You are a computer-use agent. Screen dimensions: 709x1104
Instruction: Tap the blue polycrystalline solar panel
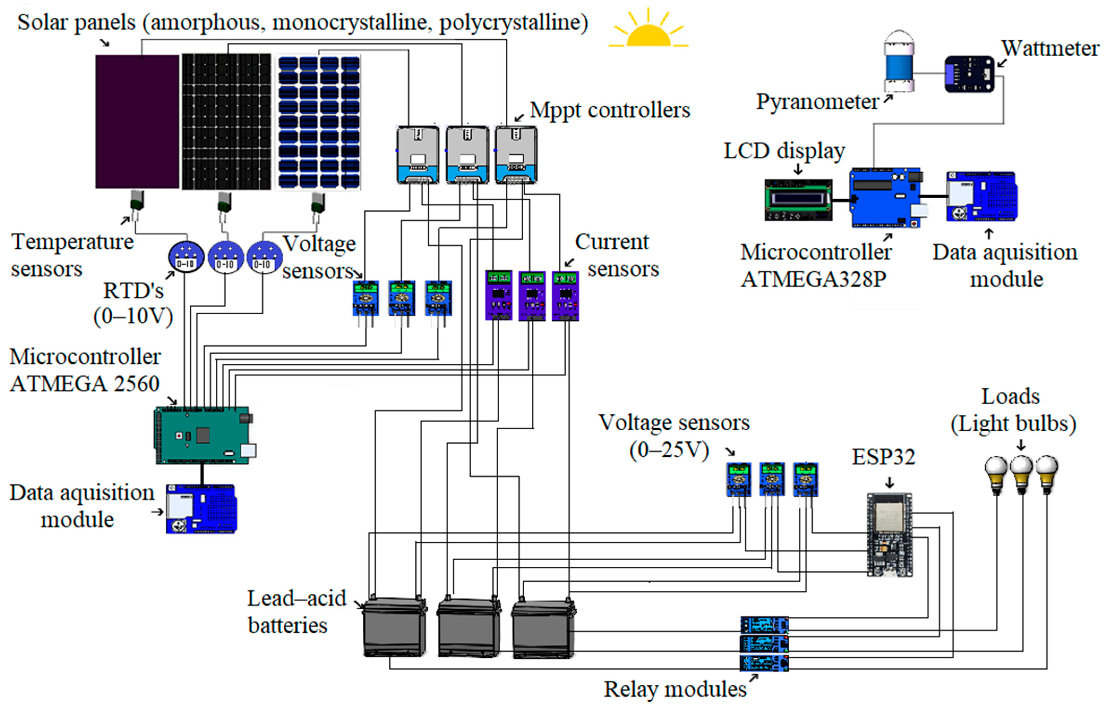pyautogui.click(x=319, y=122)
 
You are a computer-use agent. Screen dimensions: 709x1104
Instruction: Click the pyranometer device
pyautogui.click(x=898, y=62)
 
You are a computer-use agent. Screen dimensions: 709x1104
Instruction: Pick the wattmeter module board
pyautogui.click(x=969, y=74)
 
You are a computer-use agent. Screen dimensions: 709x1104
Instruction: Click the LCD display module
pyautogui.click(x=798, y=199)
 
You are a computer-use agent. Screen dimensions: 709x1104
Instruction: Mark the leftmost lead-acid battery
pyautogui.click(x=394, y=627)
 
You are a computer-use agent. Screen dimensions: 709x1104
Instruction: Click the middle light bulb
pyautogui.click(x=1021, y=474)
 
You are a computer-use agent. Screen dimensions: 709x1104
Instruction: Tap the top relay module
pyautogui.click(x=764, y=625)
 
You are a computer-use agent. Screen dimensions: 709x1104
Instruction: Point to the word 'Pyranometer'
pyautogui.click(x=817, y=102)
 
